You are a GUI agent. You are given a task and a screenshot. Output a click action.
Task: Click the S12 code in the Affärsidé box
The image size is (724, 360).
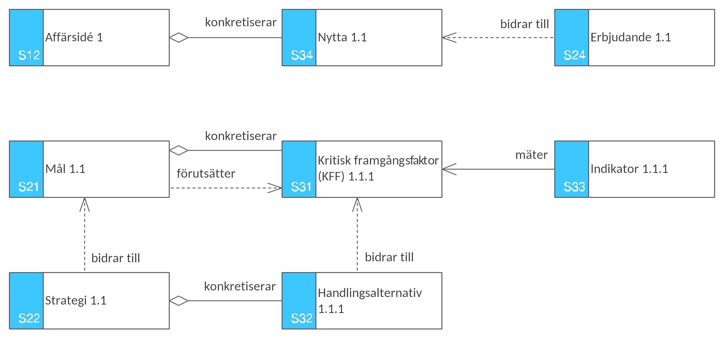point(29,55)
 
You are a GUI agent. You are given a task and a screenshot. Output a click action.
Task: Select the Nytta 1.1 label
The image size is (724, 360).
point(342,37)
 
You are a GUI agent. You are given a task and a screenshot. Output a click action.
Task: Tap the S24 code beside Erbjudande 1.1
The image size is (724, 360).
point(574,55)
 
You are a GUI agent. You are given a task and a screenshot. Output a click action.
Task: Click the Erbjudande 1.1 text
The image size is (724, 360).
point(631,37)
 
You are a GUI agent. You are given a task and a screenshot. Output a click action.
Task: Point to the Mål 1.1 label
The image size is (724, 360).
point(65,169)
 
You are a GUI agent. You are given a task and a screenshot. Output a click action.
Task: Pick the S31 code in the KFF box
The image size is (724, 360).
point(301,187)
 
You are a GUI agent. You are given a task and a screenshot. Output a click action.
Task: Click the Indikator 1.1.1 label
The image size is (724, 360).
point(629,169)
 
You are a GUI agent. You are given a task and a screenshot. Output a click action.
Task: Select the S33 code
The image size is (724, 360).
point(574,187)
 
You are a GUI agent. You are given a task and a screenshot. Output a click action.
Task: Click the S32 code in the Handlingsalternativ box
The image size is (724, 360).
point(302,318)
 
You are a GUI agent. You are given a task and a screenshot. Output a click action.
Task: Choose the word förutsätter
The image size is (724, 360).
point(206,173)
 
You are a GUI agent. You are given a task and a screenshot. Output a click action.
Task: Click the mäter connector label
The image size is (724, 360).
point(531,155)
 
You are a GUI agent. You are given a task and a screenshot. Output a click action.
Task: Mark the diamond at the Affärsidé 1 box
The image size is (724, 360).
point(179,38)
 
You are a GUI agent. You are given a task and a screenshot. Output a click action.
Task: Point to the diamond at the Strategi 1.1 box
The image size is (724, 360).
point(179,301)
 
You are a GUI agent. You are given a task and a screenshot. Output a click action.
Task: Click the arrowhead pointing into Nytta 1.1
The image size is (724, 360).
point(449,38)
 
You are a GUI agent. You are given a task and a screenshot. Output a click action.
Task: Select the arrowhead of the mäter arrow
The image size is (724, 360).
point(449,169)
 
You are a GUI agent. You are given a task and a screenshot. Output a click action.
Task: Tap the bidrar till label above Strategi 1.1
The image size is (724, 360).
point(115,258)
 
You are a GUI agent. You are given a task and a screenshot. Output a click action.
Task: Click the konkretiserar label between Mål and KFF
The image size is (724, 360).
point(240,136)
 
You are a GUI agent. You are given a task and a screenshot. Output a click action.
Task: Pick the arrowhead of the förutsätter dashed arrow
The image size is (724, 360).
point(275,188)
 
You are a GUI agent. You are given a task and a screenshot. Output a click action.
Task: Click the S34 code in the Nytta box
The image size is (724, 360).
point(302,55)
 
